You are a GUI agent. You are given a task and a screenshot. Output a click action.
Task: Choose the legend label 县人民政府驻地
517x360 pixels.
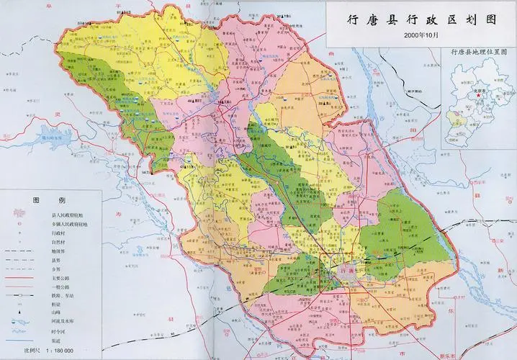pyautogui.click(x=68, y=215)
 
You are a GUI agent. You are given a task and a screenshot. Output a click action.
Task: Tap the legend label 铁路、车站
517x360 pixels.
pyautogui.click(x=66, y=294)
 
